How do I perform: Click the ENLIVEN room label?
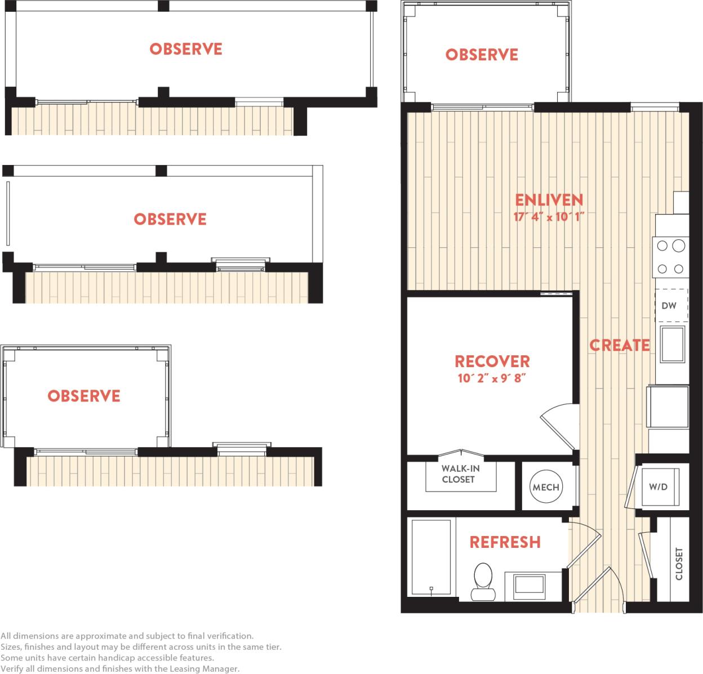[x=549, y=200]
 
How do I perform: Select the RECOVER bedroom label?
[x=492, y=361]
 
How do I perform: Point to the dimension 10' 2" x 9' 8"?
[x=492, y=378]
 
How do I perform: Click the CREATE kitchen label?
[x=619, y=345]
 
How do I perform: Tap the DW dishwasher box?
[x=669, y=306]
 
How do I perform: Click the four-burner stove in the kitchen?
[x=670, y=257]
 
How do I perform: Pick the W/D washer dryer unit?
[x=658, y=486]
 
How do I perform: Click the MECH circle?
[x=546, y=487]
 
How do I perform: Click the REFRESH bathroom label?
[x=505, y=542]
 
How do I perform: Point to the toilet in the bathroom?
[x=482, y=581]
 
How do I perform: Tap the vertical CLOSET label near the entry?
[x=679, y=564]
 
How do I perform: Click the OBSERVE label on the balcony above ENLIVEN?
[x=482, y=55]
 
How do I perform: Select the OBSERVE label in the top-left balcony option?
[x=186, y=49]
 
